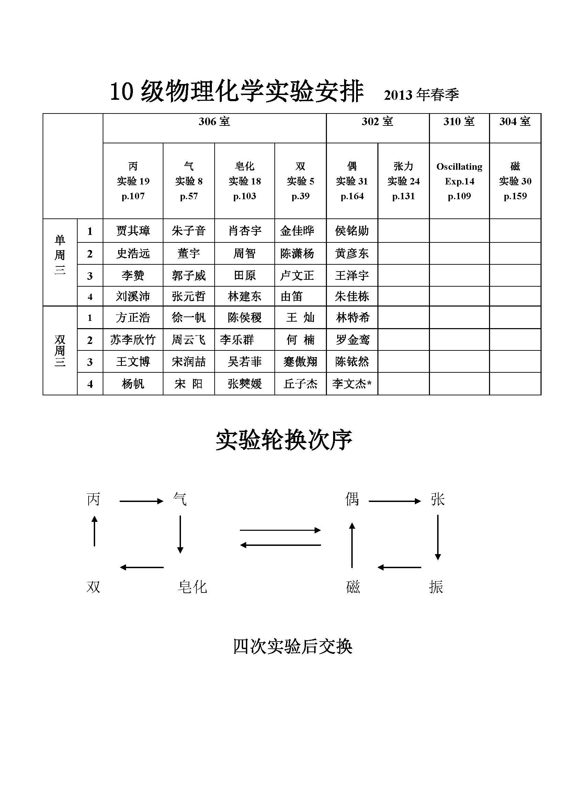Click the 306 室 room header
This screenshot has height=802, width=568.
point(214,122)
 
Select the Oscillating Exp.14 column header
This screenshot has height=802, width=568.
point(459,181)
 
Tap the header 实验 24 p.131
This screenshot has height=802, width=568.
point(403,181)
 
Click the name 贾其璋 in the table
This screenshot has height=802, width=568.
point(133,231)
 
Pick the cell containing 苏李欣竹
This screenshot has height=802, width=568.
point(133,339)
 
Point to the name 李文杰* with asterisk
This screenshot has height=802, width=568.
point(352,384)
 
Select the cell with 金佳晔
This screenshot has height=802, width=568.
point(297,231)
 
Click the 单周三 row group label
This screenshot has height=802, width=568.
point(60,255)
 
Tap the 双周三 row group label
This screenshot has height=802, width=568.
point(60,350)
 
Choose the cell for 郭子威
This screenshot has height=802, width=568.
point(189,276)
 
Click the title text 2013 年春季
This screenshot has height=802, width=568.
point(421,95)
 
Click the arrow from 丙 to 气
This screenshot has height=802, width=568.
point(141,501)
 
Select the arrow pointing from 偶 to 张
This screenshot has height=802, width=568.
point(395,501)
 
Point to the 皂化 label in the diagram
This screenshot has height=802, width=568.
point(192,587)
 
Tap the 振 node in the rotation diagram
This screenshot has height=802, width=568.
point(436,587)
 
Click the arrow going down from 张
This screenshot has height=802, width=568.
point(438,537)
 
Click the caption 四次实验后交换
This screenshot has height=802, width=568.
point(292,647)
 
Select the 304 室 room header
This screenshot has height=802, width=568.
point(515,122)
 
